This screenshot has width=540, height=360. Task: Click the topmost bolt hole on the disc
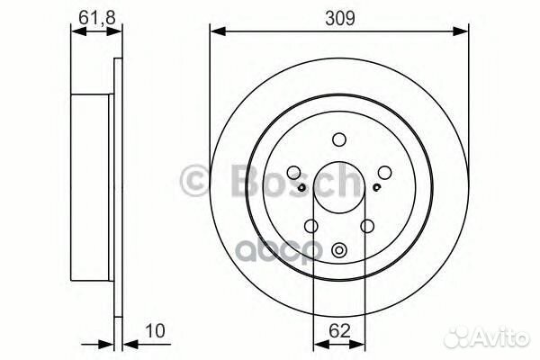(338, 139)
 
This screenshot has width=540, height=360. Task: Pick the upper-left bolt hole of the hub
(294, 174)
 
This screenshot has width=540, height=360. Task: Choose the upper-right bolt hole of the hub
(384, 174)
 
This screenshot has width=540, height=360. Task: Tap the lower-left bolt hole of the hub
(310, 227)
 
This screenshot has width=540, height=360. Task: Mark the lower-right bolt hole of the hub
(367, 227)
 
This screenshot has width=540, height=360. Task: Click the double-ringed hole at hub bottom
(339, 251)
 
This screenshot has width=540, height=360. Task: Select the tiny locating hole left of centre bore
(302, 187)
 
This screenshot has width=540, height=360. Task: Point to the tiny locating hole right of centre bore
(375, 187)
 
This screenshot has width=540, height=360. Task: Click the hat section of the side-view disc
(94, 180)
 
